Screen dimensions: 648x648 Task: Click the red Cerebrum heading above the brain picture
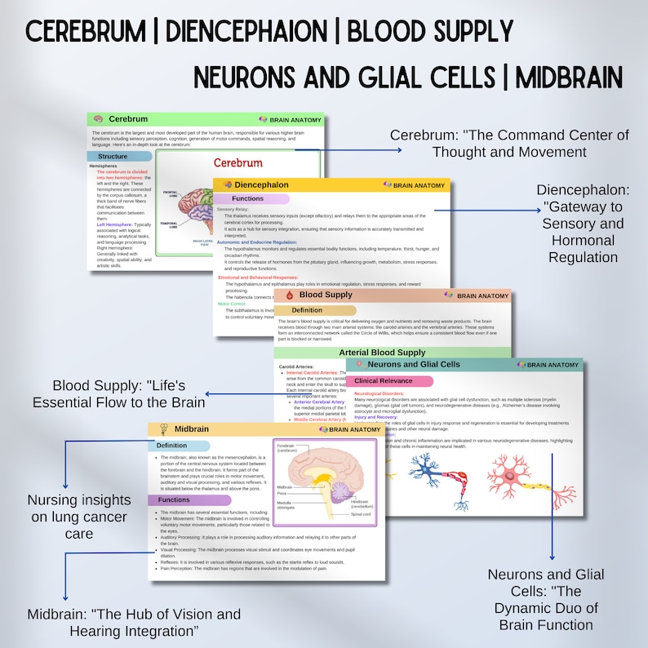[x=237, y=162]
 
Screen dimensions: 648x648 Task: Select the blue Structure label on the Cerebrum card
[x=113, y=156]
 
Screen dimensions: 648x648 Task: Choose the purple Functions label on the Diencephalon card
[x=248, y=198]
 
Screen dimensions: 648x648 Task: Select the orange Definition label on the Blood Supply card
[x=307, y=310]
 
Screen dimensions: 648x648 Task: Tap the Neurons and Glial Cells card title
[x=414, y=365]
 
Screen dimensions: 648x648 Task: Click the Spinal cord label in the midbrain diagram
[x=362, y=515]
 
